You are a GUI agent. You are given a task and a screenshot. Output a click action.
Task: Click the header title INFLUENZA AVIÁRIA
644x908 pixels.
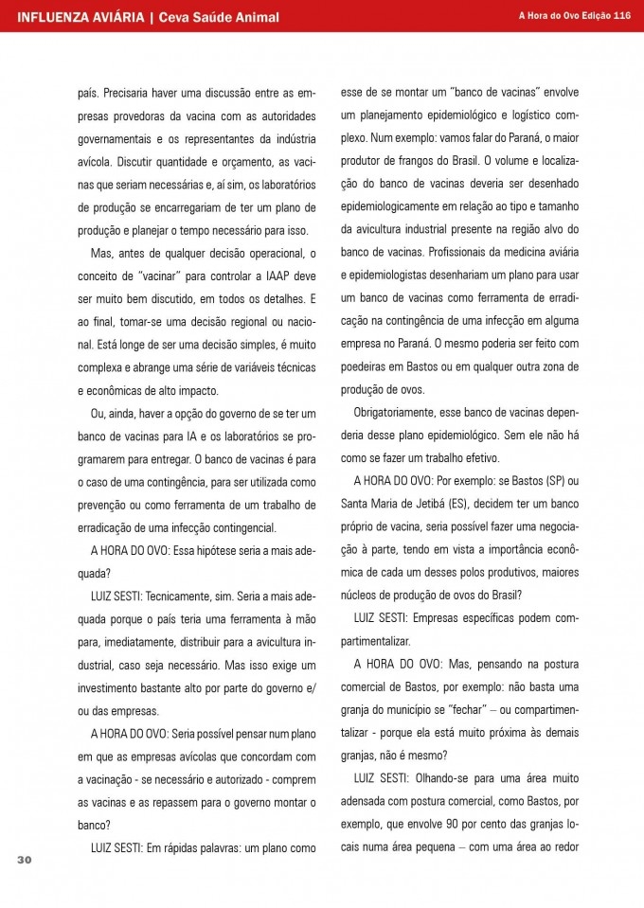[80, 16]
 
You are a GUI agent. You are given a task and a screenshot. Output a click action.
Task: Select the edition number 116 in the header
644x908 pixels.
[622, 15]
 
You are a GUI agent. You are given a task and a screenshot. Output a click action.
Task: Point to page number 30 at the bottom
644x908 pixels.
[25, 859]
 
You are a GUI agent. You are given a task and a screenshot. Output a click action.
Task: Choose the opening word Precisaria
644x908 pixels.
[134, 94]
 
